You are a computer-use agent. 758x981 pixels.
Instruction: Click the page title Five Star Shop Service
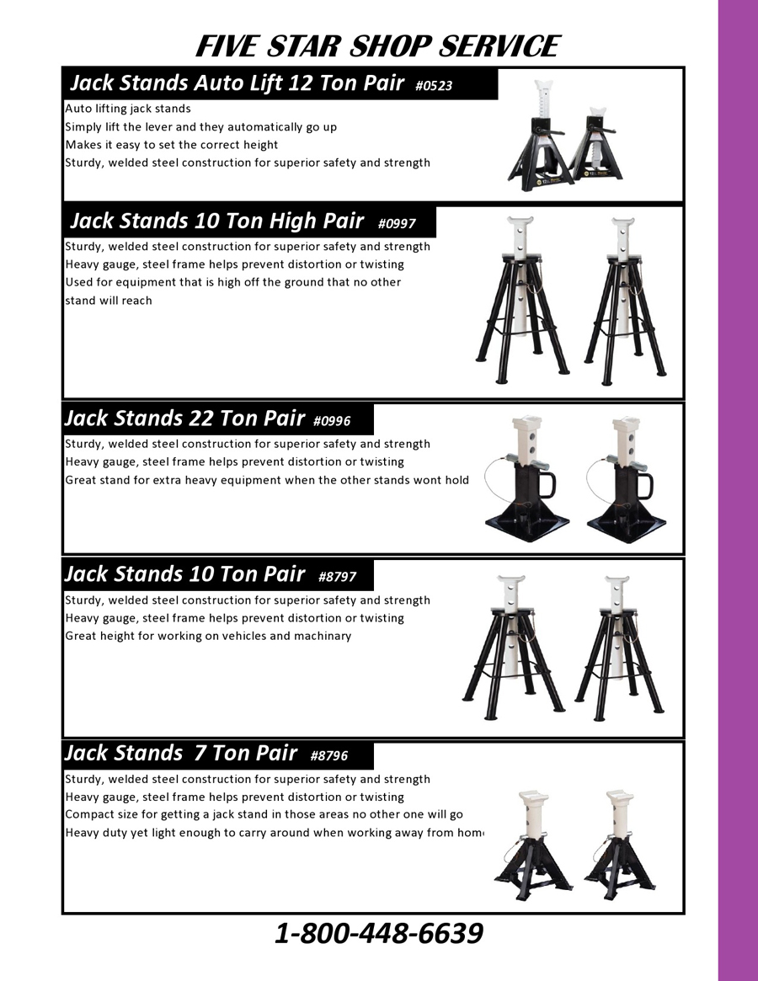377,46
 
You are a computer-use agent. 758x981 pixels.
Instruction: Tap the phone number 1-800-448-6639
379,933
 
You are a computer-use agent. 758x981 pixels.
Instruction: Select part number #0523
433,86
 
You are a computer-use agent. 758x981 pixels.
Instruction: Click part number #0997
397,223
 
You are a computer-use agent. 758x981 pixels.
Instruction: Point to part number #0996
332,421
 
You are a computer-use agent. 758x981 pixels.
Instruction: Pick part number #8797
337,577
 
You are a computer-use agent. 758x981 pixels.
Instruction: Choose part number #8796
328,756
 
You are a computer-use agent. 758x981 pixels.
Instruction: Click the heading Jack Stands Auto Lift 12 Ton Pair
238,83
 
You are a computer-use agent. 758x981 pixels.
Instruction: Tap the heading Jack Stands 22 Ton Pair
184,418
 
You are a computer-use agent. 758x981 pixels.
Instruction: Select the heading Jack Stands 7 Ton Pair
181,753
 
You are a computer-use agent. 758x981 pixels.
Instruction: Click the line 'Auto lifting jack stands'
128,109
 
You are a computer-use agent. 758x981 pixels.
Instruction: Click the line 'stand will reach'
109,301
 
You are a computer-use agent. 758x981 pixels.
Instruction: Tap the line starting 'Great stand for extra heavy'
267,481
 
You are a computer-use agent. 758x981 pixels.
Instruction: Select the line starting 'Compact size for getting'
264,814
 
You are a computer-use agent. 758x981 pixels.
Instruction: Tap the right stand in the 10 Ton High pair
625,301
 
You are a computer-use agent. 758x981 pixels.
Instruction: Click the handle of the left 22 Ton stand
546,486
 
